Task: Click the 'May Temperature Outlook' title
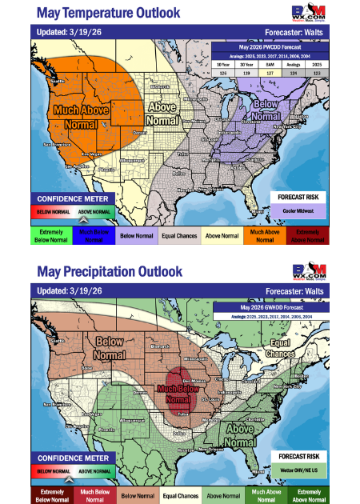(x=108, y=14)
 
